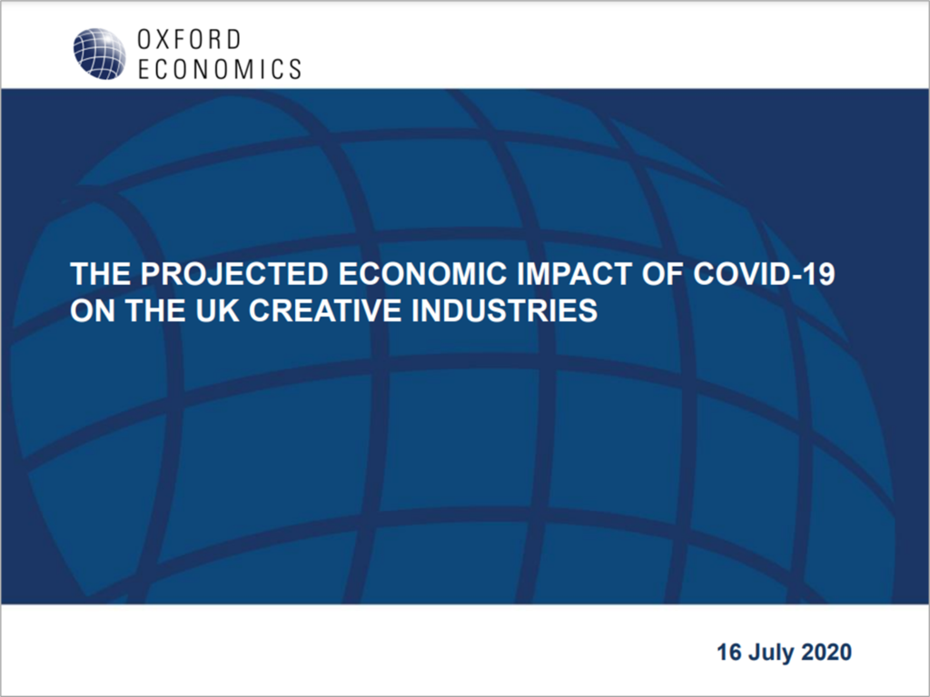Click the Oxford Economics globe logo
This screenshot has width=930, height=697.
coord(99,54)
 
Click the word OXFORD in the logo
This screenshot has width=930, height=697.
coord(189,40)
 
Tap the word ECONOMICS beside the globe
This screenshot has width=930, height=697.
coord(220,69)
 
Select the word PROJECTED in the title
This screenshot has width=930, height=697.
coord(234,274)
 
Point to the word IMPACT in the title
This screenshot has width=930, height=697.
coord(575,274)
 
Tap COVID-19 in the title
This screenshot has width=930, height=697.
coord(764,274)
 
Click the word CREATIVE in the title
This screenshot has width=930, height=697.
coord(326,310)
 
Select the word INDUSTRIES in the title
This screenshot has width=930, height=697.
coord(504,310)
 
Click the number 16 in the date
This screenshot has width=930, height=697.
coord(729,652)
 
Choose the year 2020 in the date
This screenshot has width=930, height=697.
coord(826,652)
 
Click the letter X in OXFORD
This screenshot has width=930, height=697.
coord(163,40)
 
